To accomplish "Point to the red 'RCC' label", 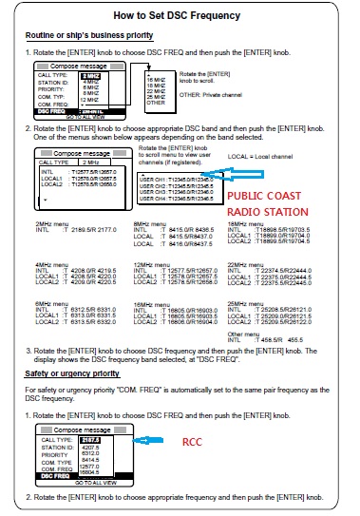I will [194, 442].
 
